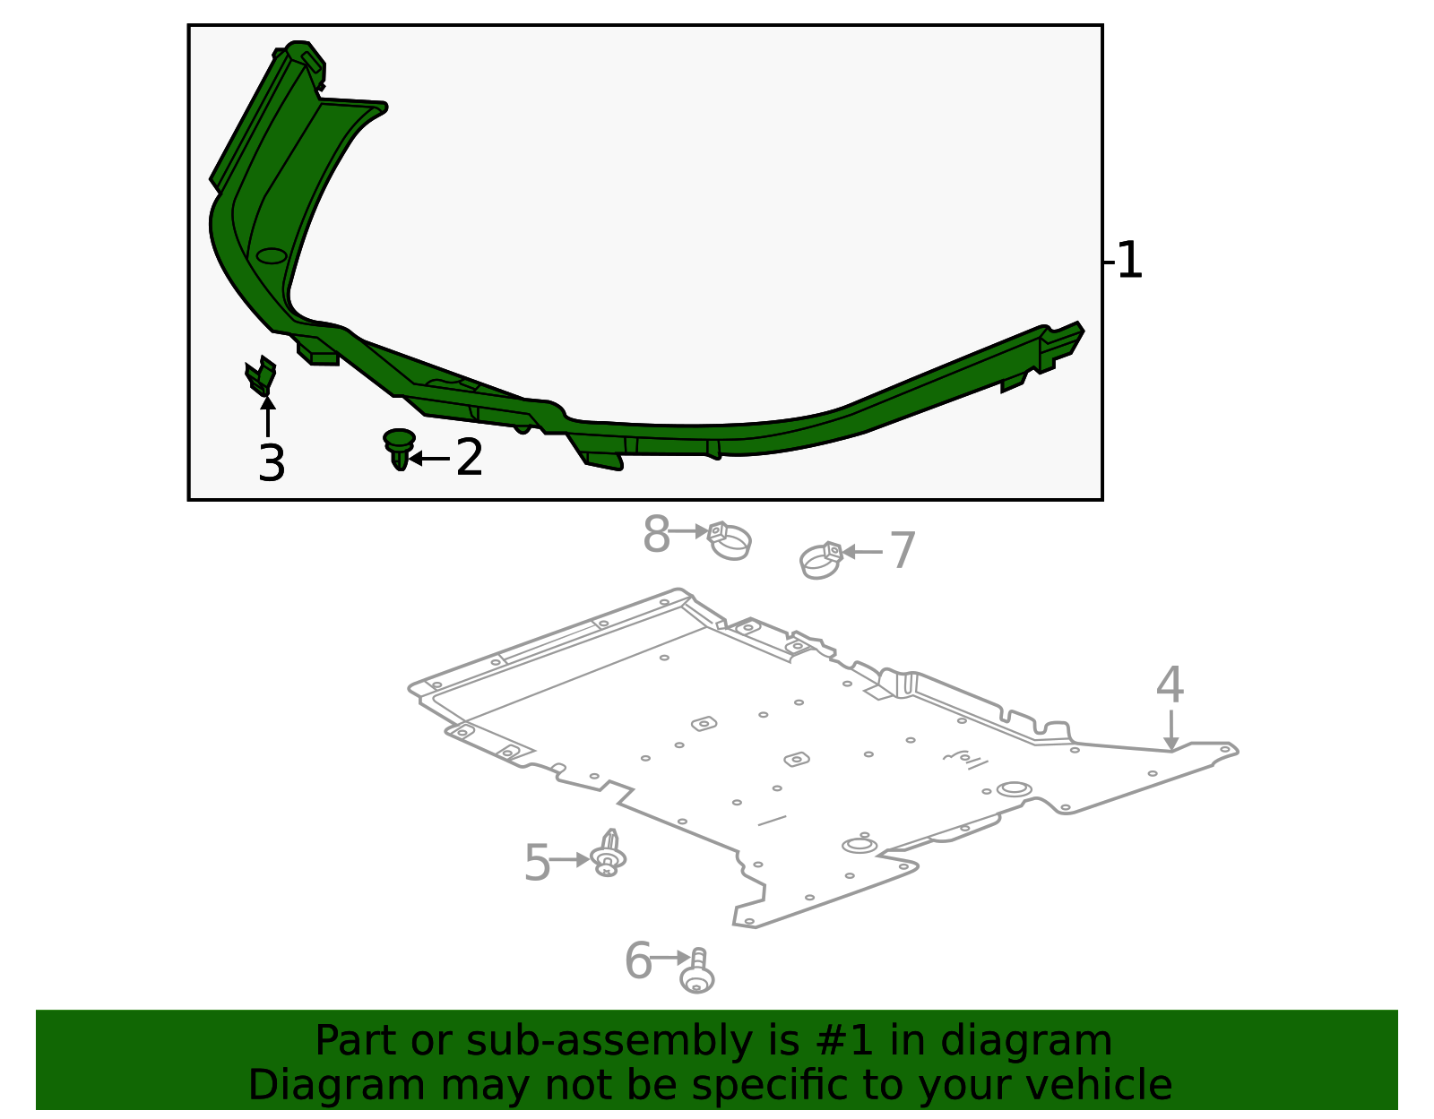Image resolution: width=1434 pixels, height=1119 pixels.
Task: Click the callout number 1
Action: pyautogui.click(x=1130, y=261)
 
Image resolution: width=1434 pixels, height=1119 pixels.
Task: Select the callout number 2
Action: pyautogui.click(x=470, y=458)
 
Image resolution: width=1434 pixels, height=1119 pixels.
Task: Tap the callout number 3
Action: pyautogui.click(x=271, y=463)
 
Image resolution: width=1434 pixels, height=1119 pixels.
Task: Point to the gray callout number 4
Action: pyautogui.click(x=1170, y=685)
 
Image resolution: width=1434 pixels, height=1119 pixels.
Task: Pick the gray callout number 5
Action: pyautogui.click(x=536, y=863)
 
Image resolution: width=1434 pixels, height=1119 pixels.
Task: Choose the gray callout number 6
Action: pyautogui.click(x=637, y=960)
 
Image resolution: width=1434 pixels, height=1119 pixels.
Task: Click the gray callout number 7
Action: pyautogui.click(x=903, y=551)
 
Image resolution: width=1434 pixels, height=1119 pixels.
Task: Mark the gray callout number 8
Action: pyautogui.click(x=656, y=535)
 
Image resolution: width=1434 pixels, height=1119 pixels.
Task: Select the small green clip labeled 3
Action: pyautogui.click(x=260, y=376)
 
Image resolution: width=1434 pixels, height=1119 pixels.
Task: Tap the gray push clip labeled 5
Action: pyautogui.click(x=609, y=853)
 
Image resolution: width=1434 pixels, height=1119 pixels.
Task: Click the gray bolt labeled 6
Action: pyautogui.click(x=697, y=973)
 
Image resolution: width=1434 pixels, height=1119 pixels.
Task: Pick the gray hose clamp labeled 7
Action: pyautogui.click(x=821, y=561)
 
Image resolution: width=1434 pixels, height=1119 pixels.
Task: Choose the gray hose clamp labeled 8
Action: pyautogui.click(x=729, y=541)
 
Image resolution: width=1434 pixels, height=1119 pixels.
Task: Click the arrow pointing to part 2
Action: pyautogui.click(x=429, y=459)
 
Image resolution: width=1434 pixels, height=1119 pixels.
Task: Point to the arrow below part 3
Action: pyautogui.click(x=267, y=417)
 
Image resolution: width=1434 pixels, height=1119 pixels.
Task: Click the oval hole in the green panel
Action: pyautogui.click(x=272, y=255)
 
